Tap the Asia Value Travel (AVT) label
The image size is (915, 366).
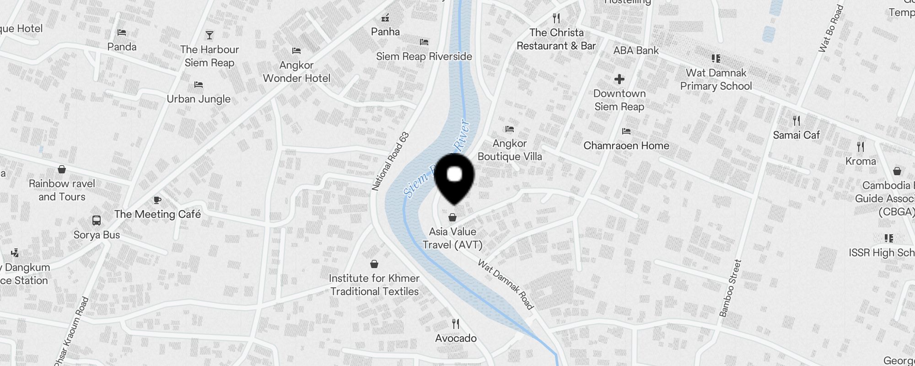tap(452, 238)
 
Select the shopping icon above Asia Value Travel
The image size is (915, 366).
tap(452, 217)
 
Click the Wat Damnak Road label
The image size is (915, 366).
tap(506, 284)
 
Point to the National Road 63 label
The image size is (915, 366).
tap(390, 161)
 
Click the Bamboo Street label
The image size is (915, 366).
tap(730, 288)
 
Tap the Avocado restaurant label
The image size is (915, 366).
tap(456, 339)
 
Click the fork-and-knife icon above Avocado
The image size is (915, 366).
tap(456, 324)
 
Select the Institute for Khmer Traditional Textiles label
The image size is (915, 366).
tap(374, 285)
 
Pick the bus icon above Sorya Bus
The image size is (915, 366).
tap(97, 221)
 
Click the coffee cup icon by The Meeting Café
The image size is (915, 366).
tap(157, 200)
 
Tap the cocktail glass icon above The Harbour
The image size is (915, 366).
tap(210, 35)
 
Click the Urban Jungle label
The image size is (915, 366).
tap(199, 99)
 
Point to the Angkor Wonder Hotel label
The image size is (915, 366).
tap(296, 72)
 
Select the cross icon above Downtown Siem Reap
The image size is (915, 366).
tap(619, 79)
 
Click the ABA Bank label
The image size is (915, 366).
tap(636, 50)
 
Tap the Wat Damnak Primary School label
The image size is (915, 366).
tap(716, 80)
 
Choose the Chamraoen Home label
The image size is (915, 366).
tap(626, 145)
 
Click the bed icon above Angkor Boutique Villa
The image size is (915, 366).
tap(510, 129)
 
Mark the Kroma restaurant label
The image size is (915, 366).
tap(861, 161)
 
